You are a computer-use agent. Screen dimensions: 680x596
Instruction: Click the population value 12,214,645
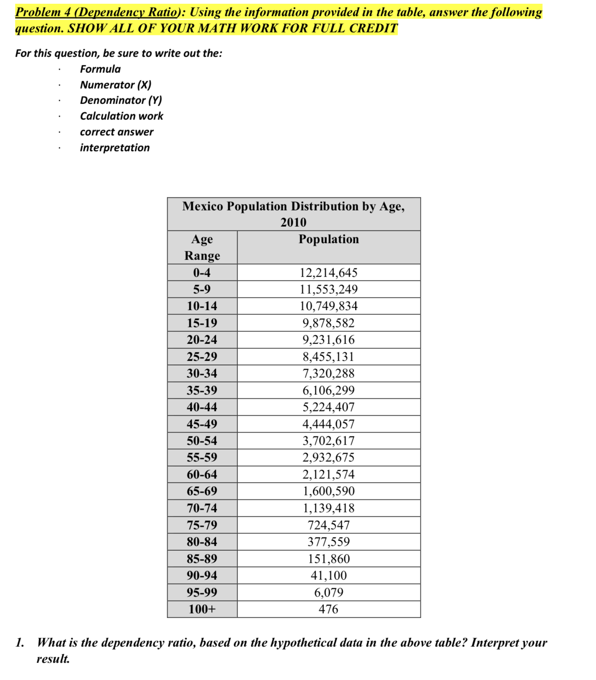click(328, 273)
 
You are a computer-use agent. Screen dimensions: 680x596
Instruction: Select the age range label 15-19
click(202, 323)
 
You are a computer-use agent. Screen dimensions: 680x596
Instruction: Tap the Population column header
click(328, 239)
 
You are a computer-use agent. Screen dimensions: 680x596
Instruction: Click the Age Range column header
click(202, 247)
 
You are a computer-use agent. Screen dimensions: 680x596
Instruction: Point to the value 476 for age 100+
click(328, 609)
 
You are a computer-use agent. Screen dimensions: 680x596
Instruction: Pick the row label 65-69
click(202, 491)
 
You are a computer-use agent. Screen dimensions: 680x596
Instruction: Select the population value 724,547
click(328, 525)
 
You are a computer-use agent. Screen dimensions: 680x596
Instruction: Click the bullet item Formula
click(100, 69)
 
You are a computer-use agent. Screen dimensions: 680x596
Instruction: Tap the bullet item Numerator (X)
click(116, 85)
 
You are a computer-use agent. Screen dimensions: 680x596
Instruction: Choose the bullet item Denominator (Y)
click(121, 100)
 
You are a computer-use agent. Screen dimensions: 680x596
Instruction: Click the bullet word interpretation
click(115, 148)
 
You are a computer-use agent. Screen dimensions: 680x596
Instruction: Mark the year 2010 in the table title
click(293, 223)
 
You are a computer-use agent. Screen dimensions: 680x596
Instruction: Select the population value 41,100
click(328, 576)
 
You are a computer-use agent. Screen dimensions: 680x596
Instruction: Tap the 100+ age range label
click(202, 609)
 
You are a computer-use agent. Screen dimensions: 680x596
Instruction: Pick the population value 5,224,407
click(328, 407)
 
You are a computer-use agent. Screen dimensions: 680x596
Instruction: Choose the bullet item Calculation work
click(121, 116)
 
